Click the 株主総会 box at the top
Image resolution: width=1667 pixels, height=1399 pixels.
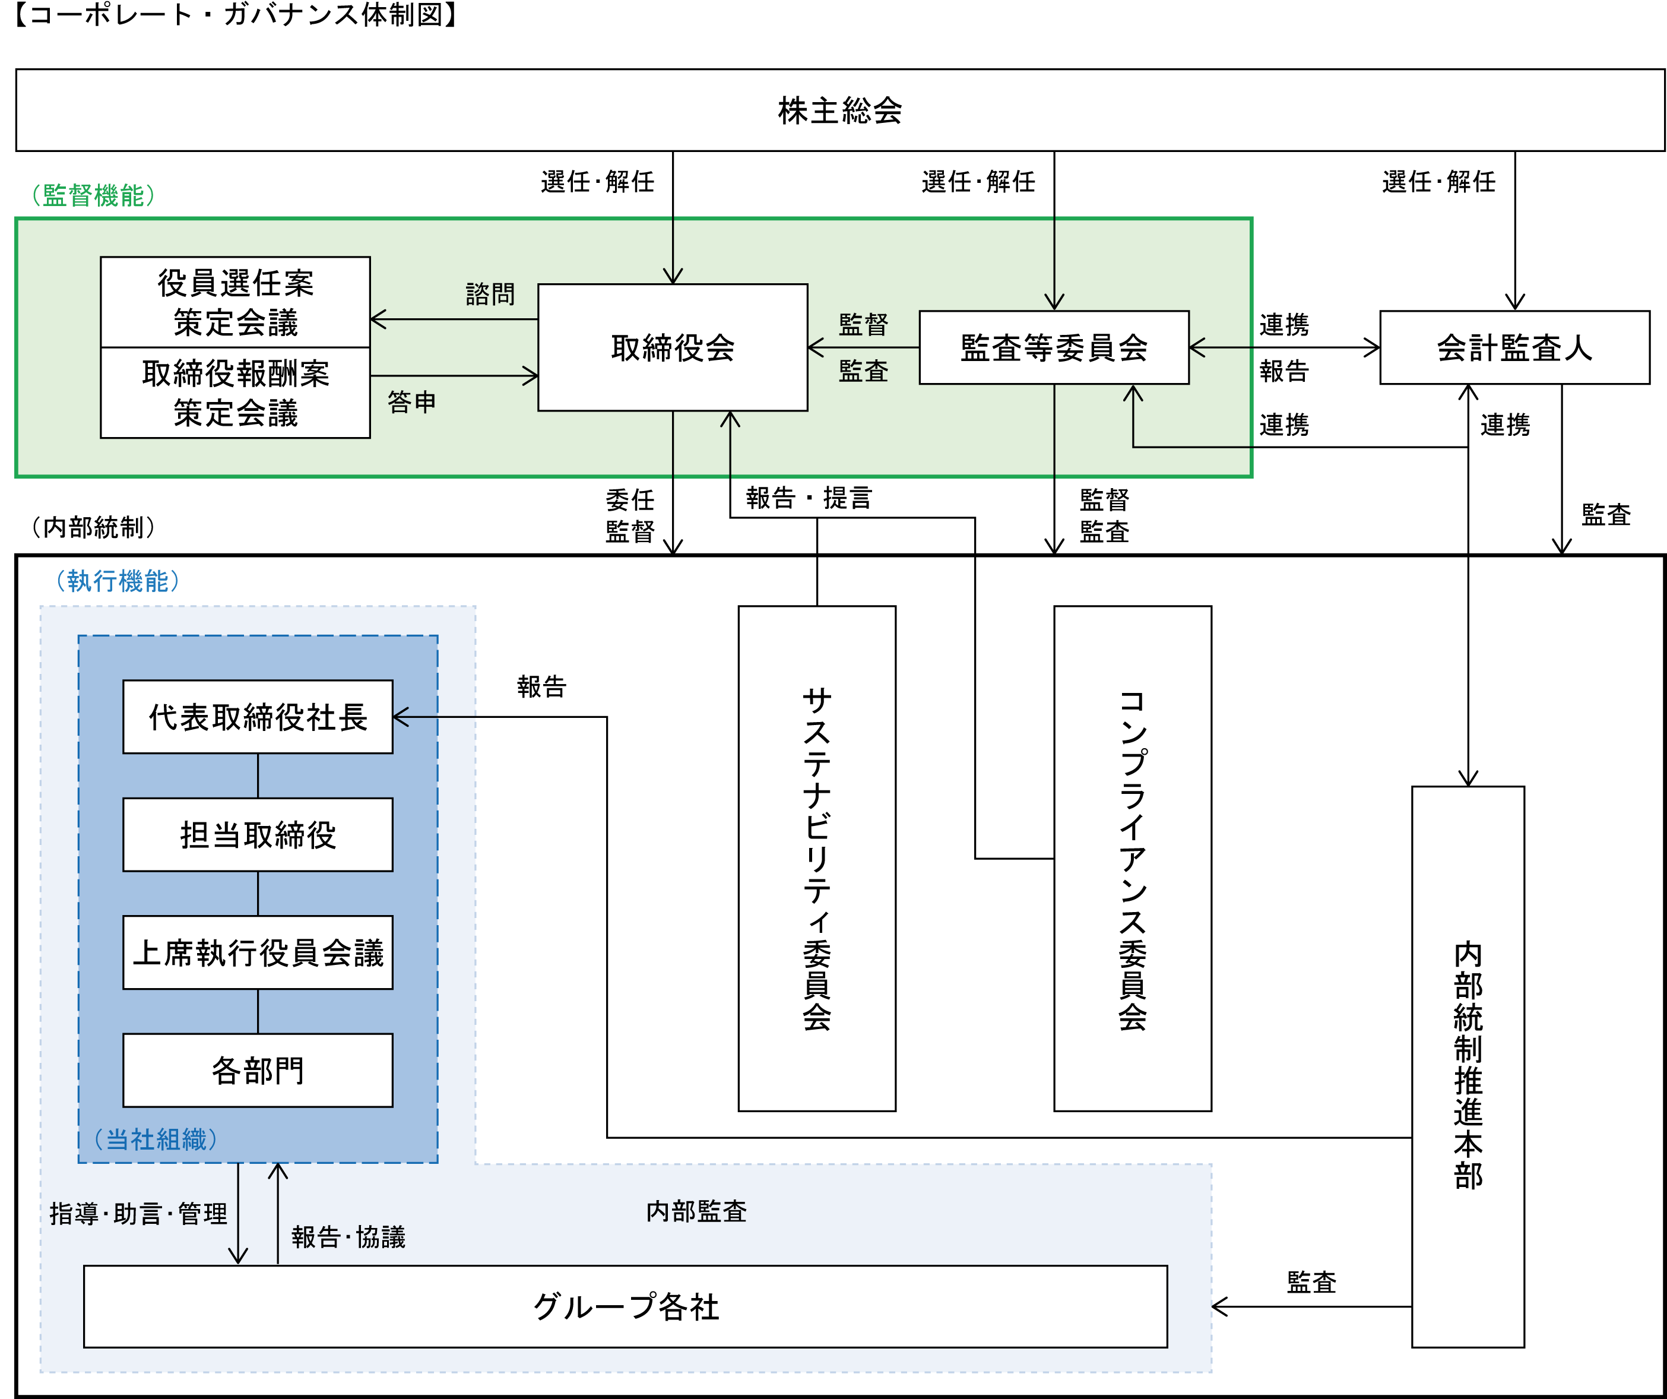840,110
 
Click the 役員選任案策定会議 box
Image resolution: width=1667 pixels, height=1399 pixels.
235,302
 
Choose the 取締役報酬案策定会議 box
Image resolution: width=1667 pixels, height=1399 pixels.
235,393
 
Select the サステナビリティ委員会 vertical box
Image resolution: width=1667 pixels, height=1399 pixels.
817,858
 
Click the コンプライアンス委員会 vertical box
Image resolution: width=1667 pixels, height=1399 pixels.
1132,858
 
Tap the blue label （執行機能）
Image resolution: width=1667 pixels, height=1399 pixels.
118,580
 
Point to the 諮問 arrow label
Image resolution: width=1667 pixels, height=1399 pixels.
490,294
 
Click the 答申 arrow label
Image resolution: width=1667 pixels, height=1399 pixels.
411,402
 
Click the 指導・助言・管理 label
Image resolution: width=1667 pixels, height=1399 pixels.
138,1213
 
